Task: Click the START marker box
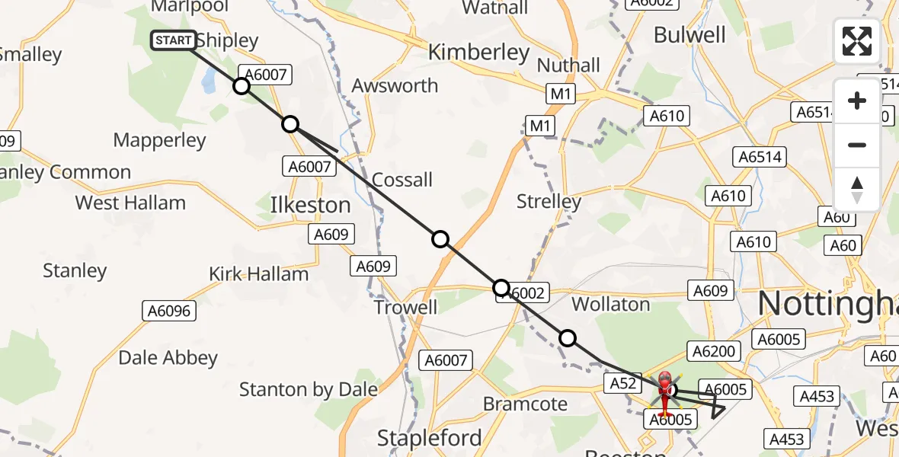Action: click(x=174, y=40)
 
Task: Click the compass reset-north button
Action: click(x=857, y=190)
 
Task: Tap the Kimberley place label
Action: click(x=478, y=53)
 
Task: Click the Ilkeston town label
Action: click(x=311, y=205)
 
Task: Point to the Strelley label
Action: click(x=549, y=202)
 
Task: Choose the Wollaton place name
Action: click(x=610, y=305)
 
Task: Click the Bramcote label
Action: click(x=526, y=404)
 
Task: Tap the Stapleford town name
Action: click(x=430, y=438)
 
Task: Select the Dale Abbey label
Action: click(x=168, y=357)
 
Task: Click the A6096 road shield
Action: click(x=168, y=311)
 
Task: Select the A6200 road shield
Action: click(x=713, y=351)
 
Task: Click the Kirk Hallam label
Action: click(x=259, y=274)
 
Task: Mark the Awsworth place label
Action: click(x=395, y=85)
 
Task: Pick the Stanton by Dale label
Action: click(x=309, y=390)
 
